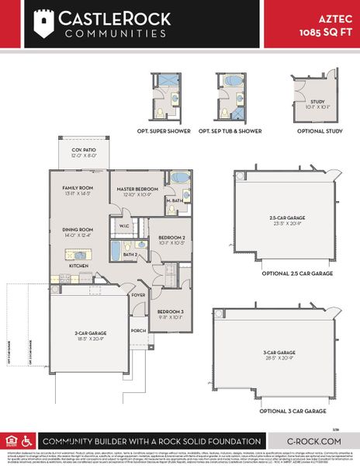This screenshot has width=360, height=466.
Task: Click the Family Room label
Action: [x=78, y=189]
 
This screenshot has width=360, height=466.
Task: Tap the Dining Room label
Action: [x=78, y=230]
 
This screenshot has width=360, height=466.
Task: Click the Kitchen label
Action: [x=79, y=265]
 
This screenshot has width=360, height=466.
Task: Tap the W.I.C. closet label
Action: [x=124, y=227]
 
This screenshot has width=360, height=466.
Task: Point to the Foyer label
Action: [x=138, y=295]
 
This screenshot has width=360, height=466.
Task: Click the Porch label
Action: [x=138, y=331]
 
